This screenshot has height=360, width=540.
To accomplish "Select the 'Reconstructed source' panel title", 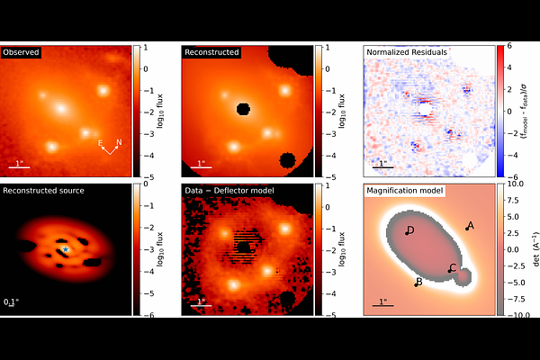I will click(42, 191).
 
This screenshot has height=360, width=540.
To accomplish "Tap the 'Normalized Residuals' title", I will click(407, 52).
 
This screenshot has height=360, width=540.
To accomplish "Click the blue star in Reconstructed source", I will click(66, 248).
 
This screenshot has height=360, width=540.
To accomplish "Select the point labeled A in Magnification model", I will click(467, 229).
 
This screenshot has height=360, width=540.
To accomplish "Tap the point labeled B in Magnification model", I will click(417, 284).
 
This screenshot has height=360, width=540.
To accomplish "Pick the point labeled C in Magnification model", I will click(450, 270).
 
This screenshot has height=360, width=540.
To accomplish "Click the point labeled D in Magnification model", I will click(407, 232).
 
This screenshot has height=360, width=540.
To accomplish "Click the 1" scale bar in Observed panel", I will click(19, 167).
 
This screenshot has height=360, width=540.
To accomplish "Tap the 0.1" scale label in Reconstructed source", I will click(10, 301).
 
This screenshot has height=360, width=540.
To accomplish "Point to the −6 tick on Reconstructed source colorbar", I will click(146, 314).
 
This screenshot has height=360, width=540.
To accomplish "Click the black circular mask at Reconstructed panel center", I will click(241, 110).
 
